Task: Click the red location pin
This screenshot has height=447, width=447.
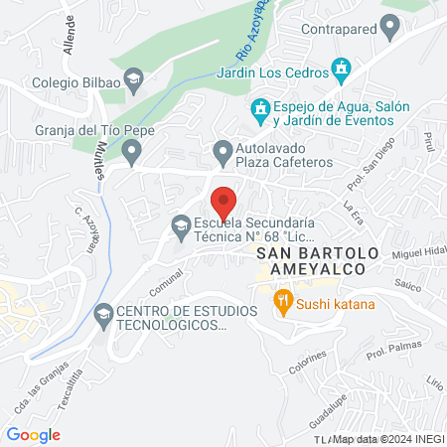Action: (223, 202)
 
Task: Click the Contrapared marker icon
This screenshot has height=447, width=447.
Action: (393, 30)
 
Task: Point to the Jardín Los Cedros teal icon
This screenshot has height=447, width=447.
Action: (342, 69)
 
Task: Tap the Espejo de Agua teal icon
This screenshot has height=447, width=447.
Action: (259, 107)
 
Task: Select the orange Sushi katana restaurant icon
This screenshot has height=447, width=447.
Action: (283, 303)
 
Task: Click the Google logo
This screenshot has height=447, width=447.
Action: (33, 434)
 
